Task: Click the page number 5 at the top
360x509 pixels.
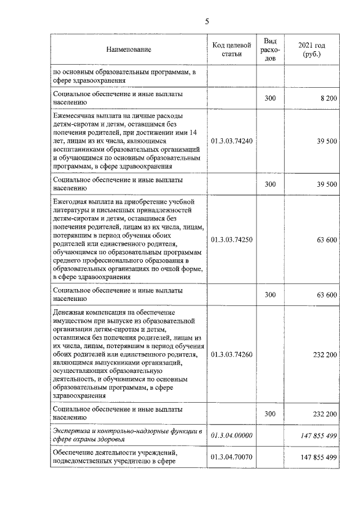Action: (207, 22)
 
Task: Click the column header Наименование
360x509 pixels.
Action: (129, 50)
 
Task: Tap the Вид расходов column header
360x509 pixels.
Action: (270, 50)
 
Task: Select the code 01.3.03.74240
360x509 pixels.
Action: (232, 141)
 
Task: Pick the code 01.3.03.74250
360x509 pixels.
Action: (232, 240)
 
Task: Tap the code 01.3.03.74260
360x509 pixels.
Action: (232, 355)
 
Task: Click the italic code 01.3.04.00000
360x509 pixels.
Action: (232, 435)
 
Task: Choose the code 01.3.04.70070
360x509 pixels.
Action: (232, 457)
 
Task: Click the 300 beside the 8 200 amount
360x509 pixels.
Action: (270, 98)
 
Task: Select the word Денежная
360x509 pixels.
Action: (68, 312)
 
